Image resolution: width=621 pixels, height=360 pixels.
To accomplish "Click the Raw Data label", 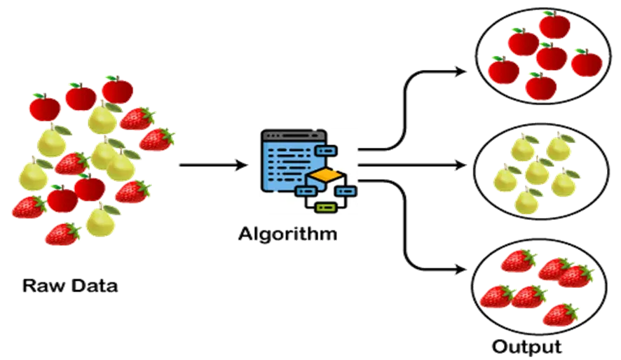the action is (x=70, y=286).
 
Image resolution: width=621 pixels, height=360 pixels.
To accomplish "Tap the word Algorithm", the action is (x=288, y=234).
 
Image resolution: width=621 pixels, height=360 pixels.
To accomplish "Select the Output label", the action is (x=527, y=347).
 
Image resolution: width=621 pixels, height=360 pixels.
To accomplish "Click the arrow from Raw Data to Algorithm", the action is (x=214, y=165).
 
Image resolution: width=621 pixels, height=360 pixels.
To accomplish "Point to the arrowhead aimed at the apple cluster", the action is (x=460, y=71).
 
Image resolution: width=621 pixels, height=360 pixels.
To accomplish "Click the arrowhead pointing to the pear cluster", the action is (x=460, y=165).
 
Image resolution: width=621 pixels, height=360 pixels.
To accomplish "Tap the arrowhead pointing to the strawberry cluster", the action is (x=460, y=270).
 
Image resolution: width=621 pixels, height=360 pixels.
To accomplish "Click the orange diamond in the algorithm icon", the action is (x=325, y=175).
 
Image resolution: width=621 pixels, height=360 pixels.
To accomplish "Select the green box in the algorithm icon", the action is (x=325, y=207).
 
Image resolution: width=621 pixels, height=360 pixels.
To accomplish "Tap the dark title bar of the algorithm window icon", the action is (x=294, y=135).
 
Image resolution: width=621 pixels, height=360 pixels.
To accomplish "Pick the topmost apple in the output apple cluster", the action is (x=554, y=25).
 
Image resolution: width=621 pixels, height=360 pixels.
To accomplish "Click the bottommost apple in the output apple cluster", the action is (x=541, y=86).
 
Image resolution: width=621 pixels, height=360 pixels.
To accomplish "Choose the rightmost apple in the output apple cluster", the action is (x=587, y=62).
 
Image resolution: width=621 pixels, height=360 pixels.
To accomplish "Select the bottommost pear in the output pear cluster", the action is (x=528, y=200).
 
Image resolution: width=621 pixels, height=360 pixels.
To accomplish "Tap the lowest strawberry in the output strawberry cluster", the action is (x=561, y=314).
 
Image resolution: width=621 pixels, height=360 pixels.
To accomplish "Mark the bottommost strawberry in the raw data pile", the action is (x=63, y=234).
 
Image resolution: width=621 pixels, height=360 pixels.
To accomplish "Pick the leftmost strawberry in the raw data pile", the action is (x=29, y=207).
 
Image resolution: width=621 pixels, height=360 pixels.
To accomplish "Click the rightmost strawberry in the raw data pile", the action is (x=157, y=139).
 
